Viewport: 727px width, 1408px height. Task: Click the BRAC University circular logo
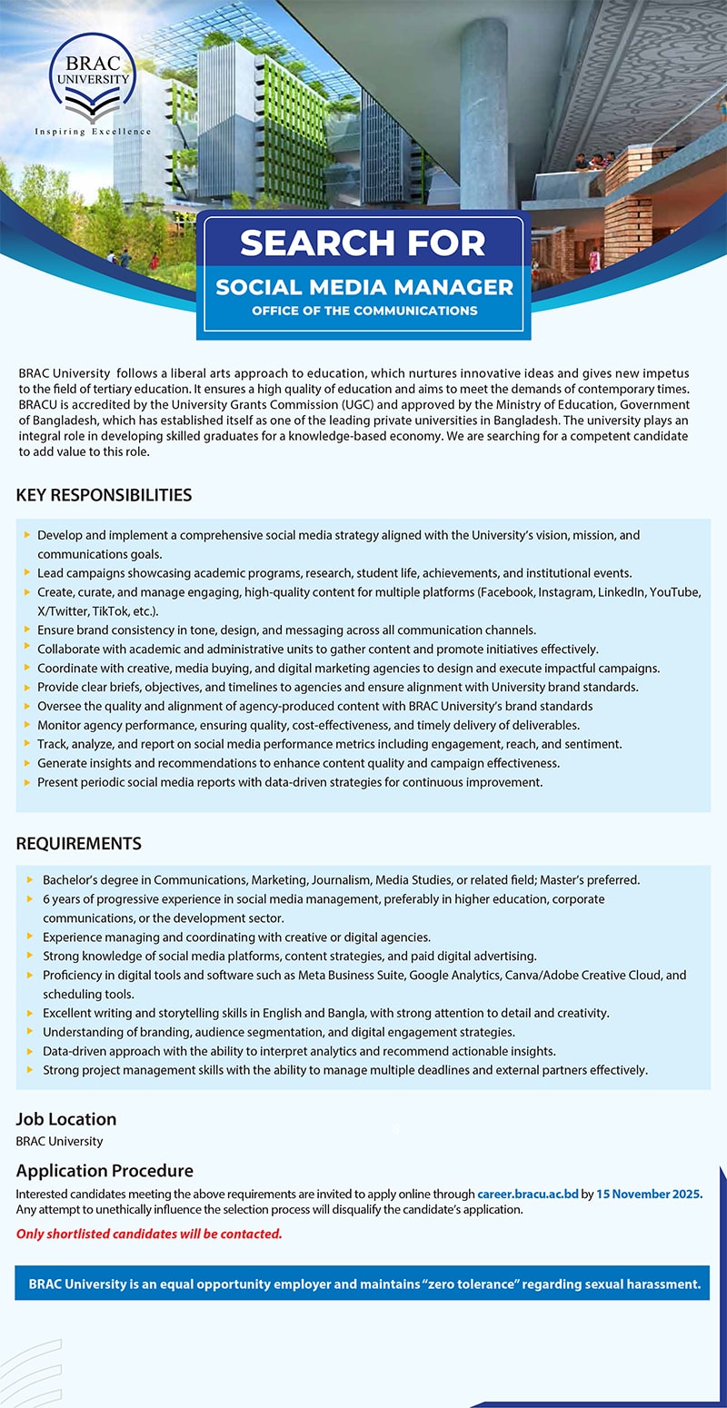point(94,77)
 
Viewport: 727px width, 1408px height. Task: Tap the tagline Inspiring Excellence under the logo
point(94,132)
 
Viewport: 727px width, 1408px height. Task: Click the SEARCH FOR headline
point(363,243)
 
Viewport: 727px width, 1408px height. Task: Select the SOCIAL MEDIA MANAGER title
point(363,287)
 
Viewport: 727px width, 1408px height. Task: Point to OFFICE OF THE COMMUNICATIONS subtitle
point(363,311)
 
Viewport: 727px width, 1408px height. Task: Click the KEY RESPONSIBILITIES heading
point(104,495)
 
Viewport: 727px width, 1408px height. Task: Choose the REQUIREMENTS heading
point(78,843)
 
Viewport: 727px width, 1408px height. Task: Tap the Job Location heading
point(66,1119)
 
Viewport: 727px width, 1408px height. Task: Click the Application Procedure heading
point(105,1171)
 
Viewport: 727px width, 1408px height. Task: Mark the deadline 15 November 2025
point(650,1194)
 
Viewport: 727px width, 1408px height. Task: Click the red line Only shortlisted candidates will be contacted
point(149,1234)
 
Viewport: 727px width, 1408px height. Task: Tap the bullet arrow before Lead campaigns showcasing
point(28,573)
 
